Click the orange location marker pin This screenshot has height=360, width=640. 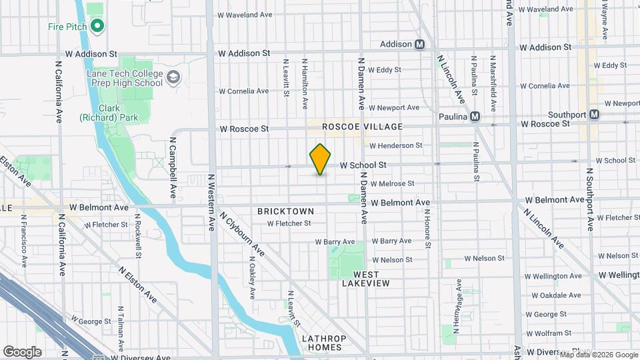(x=321, y=159)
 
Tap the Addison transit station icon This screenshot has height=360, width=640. (x=420, y=45)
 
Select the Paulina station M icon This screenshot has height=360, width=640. (x=475, y=117)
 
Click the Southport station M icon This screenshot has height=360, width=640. (x=594, y=115)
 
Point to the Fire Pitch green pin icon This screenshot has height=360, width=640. (x=97, y=27)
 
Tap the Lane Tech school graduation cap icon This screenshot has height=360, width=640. (x=174, y=78)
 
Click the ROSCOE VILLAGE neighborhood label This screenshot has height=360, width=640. (x=362, y=127)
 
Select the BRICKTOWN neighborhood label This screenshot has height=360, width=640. (x=285, y=211)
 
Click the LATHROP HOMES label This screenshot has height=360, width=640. (x=322, y=343)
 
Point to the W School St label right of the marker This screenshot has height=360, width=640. (x=363, y=165)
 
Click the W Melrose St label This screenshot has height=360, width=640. (x=392, y=183)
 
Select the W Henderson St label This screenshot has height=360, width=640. (x=396, y=145)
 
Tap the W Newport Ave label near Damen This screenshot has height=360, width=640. (x=394, y=107)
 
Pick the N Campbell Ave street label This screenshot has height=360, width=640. (x=173, y=168)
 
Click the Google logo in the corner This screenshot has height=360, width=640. (x=22, y=351)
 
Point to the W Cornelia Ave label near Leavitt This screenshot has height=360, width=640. (x=244, y=91)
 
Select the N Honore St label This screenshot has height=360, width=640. (x=427, y=228)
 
